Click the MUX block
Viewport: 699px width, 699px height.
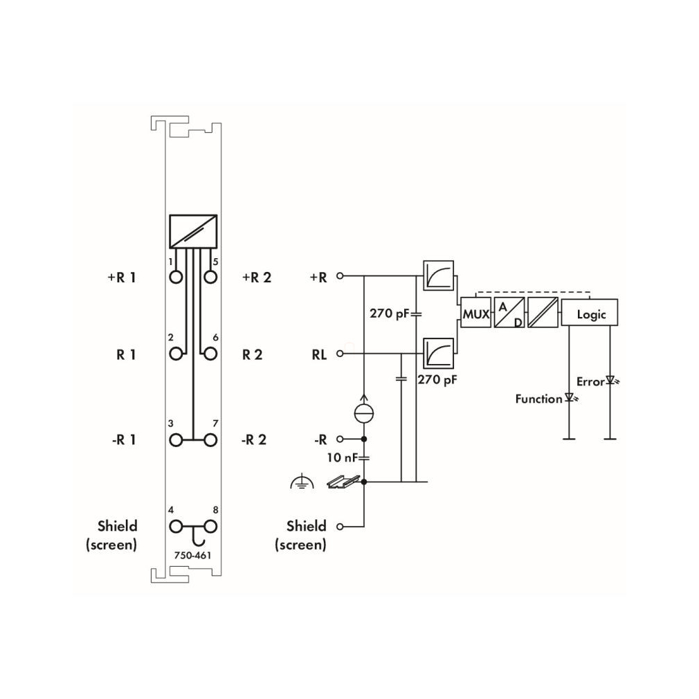coord(475,313)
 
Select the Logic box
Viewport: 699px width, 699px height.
coord(590,313)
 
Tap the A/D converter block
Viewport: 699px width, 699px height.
coord(509,313)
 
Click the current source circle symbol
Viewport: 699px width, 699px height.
coord(364,413)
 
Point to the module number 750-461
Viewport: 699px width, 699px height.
coord(192,556)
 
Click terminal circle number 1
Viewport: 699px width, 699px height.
coord(176,278)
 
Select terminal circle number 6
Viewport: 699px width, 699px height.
coord(210,354)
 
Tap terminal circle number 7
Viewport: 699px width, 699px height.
coord(210,440)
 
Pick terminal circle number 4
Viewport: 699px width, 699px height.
coord(176,527)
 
